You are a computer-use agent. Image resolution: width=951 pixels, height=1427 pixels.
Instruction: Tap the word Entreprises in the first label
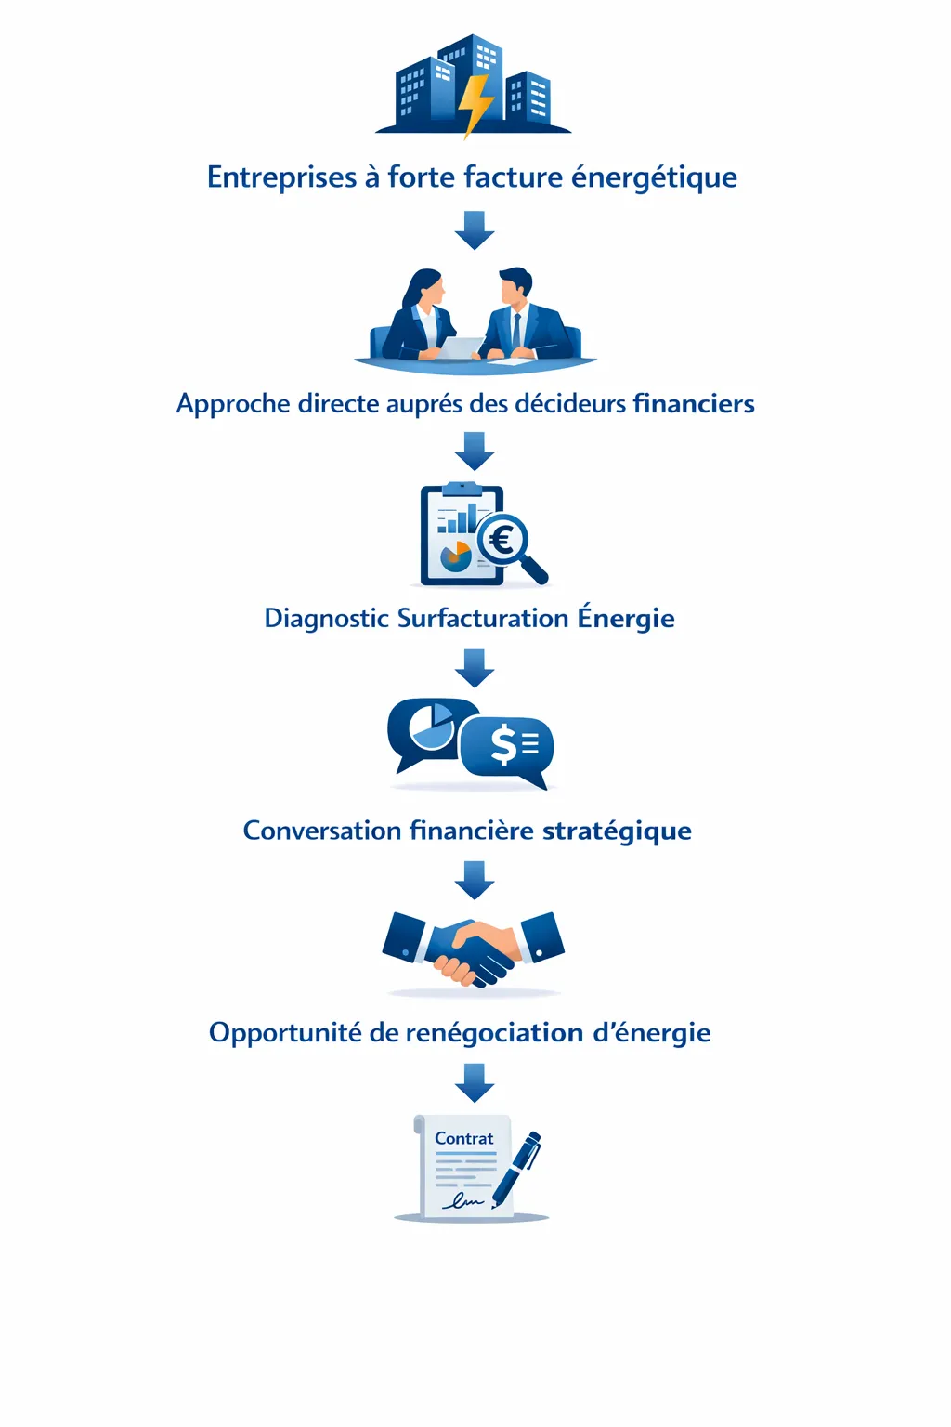(x=281, y=177)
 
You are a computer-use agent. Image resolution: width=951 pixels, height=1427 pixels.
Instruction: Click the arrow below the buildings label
(x=475, y=229)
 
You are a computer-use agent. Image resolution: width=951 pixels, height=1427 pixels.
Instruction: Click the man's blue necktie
(x=516, y=330)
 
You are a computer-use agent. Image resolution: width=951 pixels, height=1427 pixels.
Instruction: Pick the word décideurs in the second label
(x=570, y=403)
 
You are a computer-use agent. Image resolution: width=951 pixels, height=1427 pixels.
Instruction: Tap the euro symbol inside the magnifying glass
(x=502, y=539)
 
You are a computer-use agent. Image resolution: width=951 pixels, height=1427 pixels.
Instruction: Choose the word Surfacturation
(x=482, y=618)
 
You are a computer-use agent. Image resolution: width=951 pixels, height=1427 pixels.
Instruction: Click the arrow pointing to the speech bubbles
(x=475, y=667)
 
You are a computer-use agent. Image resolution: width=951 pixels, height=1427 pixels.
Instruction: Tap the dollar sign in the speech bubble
(x=503, y=744)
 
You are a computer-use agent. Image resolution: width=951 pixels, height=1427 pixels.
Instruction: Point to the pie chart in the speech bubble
(x=432, y=726)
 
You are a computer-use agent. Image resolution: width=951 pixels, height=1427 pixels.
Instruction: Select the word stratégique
(x=617, y=830)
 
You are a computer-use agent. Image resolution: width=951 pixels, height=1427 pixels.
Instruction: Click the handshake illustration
(x=474, y=948)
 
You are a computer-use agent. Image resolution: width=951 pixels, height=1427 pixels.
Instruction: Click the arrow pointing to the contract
(x=475, y=1082)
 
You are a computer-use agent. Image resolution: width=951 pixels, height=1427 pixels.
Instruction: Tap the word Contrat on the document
(x=464, y=1138)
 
